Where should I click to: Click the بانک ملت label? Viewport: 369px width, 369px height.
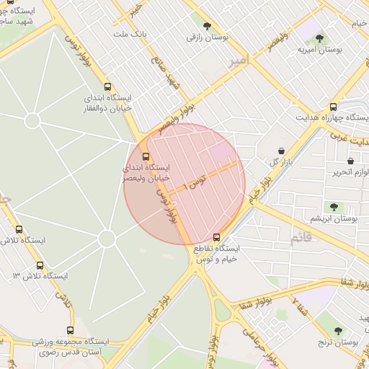(x=132, y=34)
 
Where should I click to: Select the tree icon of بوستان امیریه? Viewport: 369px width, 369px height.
(x=319, y=37)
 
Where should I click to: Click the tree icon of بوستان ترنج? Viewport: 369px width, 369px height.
(x=338, y=331)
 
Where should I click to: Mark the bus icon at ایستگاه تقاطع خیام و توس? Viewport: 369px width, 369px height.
(x=217, y=236)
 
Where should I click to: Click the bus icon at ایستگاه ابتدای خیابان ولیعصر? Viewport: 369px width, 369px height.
(x=146, y=156)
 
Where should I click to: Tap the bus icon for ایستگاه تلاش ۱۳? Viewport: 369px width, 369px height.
(x=39, y=265)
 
